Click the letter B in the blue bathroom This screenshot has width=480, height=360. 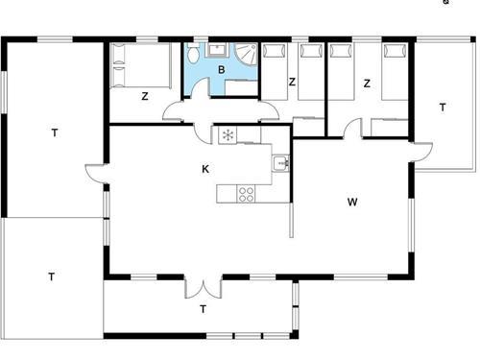click(221, 70)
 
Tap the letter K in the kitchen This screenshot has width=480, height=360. click(205, 169)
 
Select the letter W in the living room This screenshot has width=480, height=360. click(352, 202)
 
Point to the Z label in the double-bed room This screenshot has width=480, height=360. click(144, 95)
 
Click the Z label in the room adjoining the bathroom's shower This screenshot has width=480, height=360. click(292, 84)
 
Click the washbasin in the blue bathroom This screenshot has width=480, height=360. click(218, 49)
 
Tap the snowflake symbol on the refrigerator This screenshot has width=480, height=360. click(228, 135)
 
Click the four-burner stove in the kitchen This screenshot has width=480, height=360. click(246, 194)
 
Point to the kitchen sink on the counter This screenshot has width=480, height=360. click(280, 163)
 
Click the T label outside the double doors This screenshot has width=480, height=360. click(203, 309)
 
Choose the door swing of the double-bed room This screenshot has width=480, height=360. click(176, 111)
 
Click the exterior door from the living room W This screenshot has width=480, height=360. click(420, 152)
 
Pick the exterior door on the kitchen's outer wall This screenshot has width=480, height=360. click(94, 174)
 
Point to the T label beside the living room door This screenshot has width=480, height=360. click(443, 107)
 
